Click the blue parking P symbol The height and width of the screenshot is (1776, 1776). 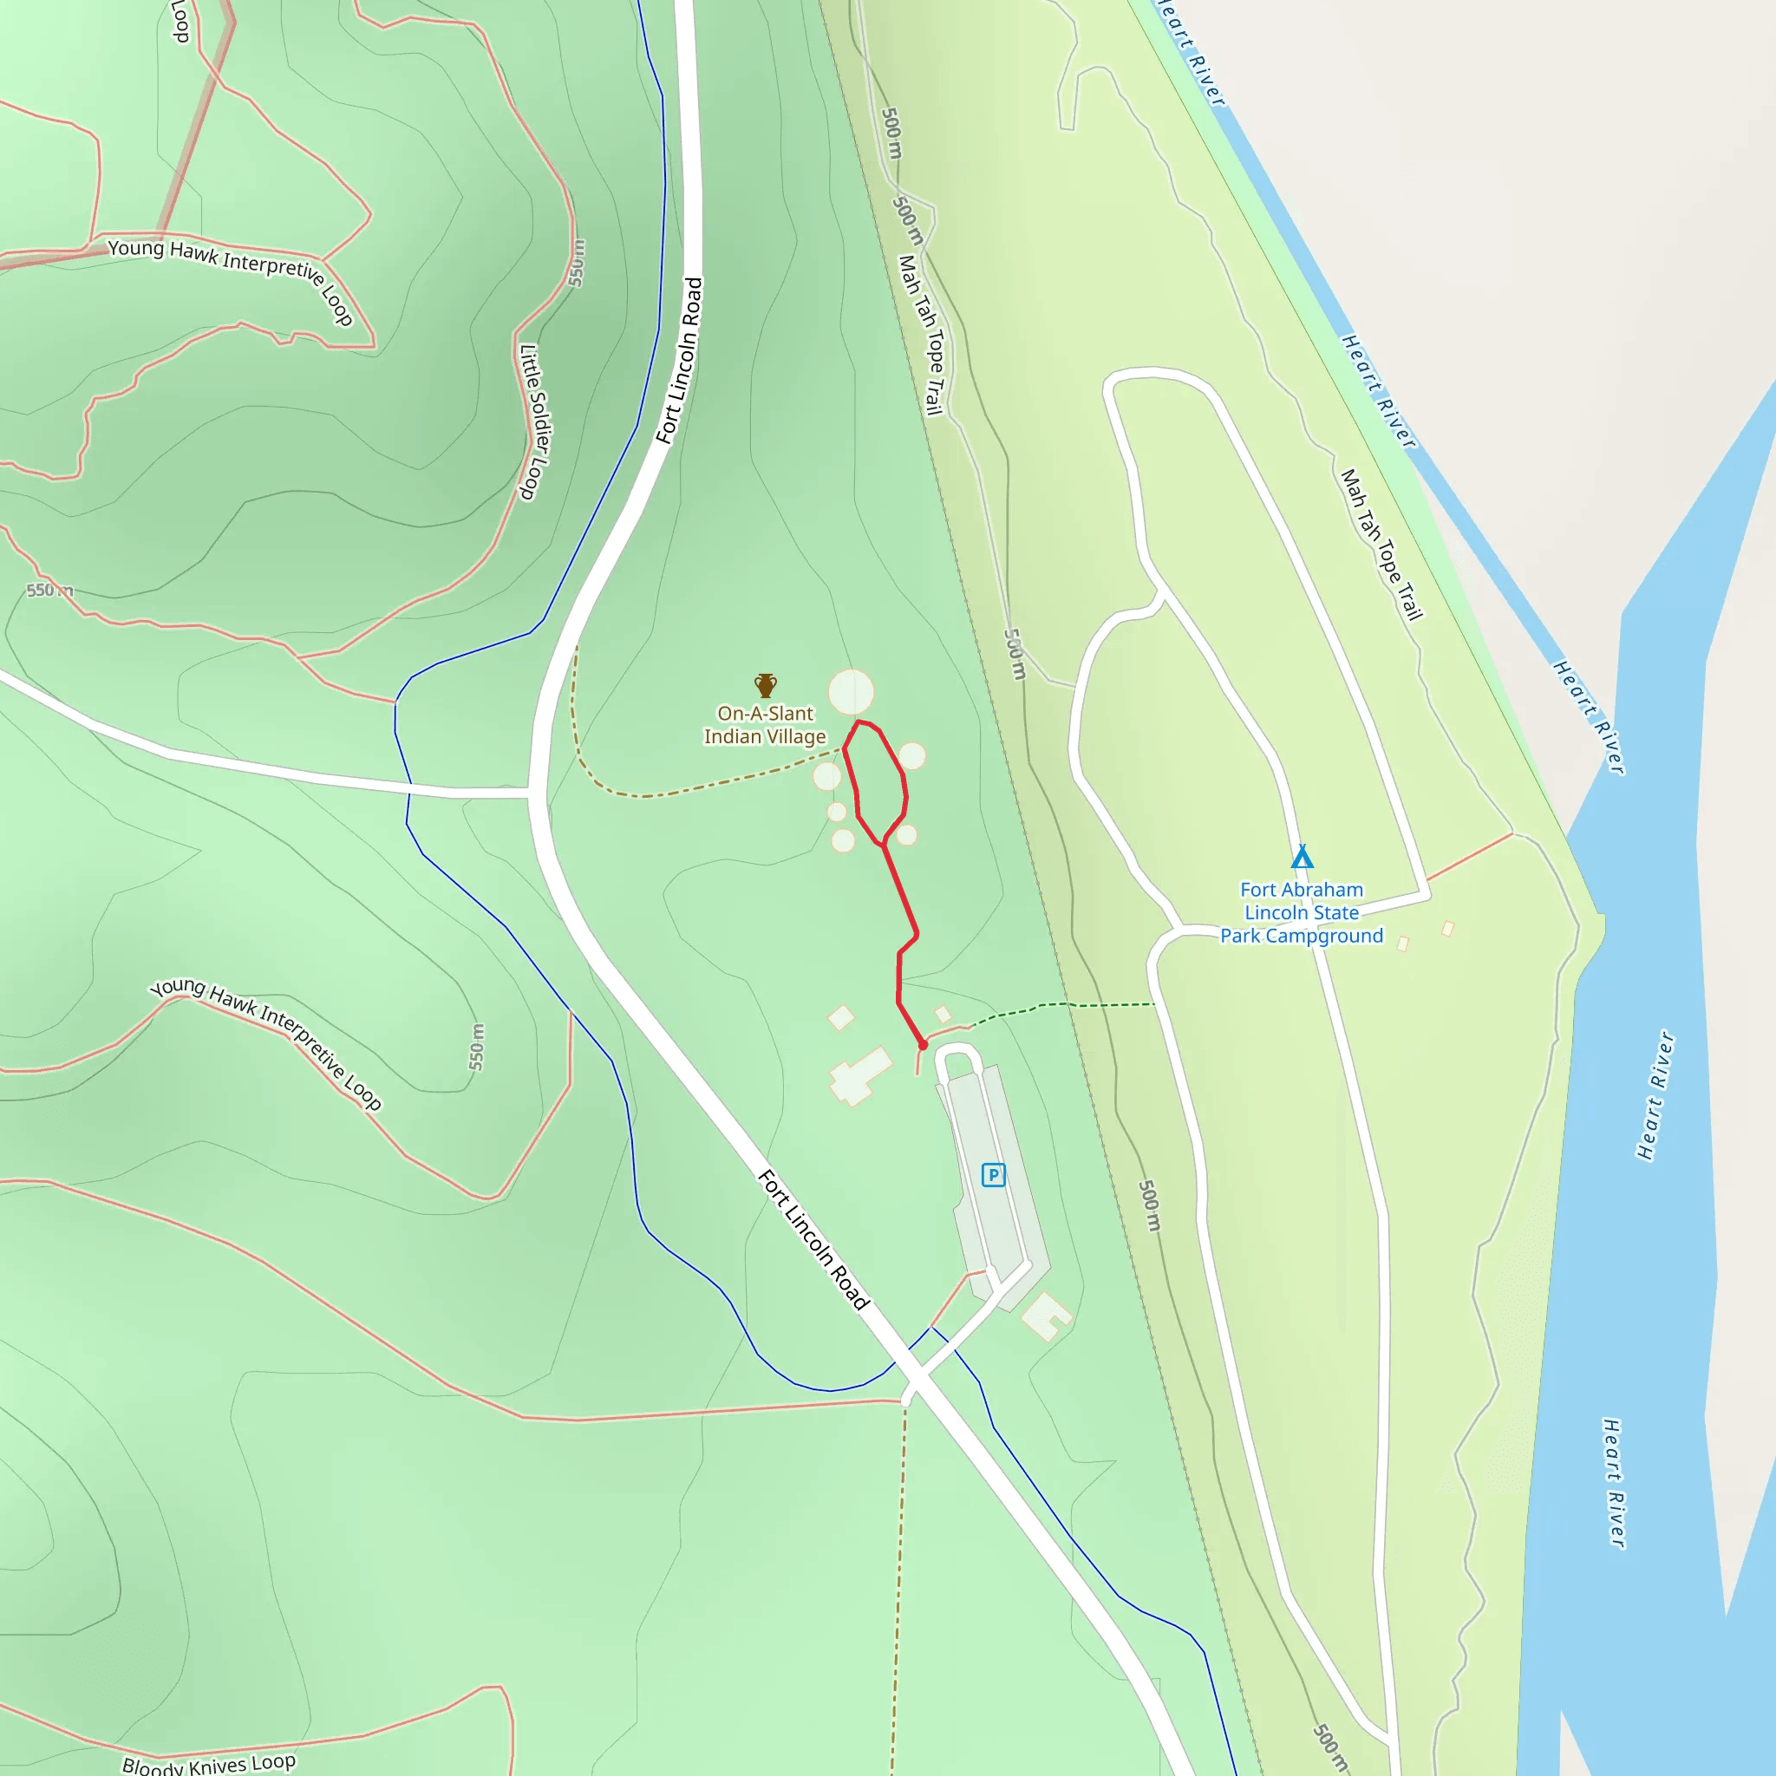click(x=993, y=1175)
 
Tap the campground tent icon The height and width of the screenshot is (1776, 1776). click(x=1302, y=857)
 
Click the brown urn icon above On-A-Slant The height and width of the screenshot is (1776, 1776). click(x=766, y=685)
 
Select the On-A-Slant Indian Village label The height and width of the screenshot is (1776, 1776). click(x=765, y=725)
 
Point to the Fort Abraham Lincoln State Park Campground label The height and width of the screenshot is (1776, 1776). click(x=1301, y=913)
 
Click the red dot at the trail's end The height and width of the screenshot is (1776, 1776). click(x=923, y=1045)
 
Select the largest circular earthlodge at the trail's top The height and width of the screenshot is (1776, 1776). click(x=852, y=692)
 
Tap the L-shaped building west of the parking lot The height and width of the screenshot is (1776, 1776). click(x=859, y=1075)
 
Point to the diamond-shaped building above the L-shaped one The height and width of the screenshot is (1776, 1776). click(x=841, y=1017)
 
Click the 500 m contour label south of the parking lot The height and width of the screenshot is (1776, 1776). click(x=1150, y=1205)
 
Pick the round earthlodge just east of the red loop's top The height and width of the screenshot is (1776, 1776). click(x=912, y=755)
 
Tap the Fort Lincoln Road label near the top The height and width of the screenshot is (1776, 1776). click(x=679, y=361)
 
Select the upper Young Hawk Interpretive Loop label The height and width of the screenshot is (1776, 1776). click(x=231, y=280)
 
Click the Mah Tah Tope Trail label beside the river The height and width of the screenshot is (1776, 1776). click(x=1381, y=545)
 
